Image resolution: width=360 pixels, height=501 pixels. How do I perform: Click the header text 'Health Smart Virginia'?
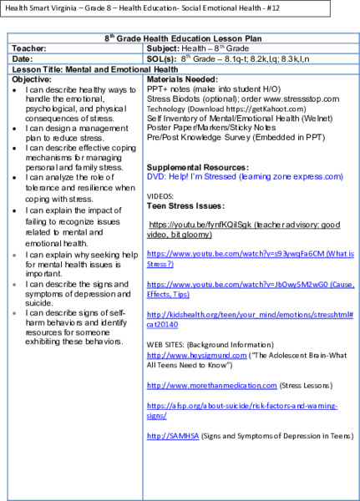(38, 9)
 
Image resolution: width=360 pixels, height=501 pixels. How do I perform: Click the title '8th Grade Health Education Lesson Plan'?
(180, 38)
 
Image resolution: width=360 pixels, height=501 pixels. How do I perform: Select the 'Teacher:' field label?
(30, 48)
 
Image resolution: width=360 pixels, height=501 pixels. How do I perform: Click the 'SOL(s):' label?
(162, 58)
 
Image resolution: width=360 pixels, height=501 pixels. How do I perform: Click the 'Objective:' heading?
(33, 78)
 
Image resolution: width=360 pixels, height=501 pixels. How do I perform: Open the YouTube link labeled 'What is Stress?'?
(242, 257)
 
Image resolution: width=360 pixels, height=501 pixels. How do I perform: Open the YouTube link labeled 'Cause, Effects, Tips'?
(242, 289)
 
